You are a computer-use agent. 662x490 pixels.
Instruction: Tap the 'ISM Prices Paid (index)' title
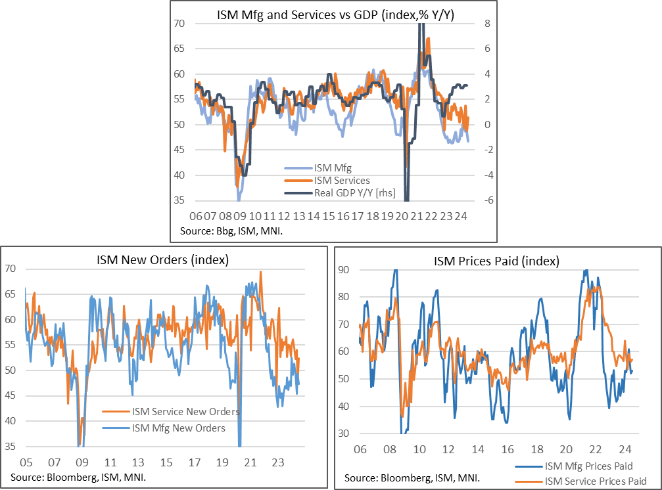pos(496,261)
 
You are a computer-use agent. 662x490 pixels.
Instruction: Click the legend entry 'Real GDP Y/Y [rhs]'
pos(337,192)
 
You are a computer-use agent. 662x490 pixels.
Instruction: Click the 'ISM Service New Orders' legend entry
pos(185,412)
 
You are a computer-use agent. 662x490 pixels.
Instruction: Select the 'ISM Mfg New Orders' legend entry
pos(178,428)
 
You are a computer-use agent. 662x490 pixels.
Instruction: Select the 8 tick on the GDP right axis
pos(480,24)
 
